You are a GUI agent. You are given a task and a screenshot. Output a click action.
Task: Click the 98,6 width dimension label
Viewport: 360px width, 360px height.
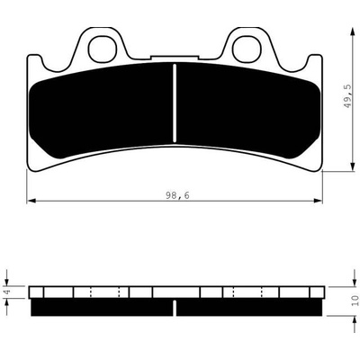point(177,195)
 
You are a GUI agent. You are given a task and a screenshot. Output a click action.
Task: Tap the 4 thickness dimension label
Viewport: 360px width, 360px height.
point(8,291)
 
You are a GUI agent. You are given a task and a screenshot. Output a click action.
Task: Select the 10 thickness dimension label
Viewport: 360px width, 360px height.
point(355,301)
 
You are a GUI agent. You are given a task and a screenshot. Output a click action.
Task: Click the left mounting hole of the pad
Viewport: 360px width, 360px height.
point(102,49)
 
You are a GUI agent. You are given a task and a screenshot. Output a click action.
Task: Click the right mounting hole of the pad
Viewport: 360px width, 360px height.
point(246,49)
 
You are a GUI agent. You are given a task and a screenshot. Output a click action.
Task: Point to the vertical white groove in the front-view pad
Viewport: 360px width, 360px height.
point(175,103)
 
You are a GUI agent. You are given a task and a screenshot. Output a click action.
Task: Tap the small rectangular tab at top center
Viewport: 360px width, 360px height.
point(175,57)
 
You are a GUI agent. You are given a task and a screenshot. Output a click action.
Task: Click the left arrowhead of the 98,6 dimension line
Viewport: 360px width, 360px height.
point(31,201)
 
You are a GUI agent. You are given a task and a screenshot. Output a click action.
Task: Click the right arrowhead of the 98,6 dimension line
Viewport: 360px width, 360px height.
point(318,201)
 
